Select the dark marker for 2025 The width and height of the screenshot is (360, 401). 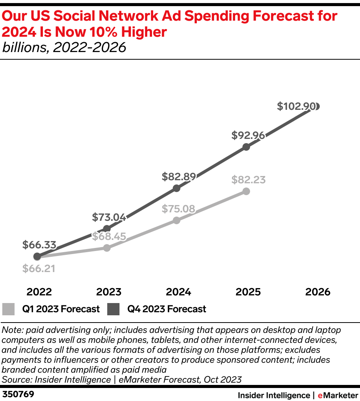pos(246,147)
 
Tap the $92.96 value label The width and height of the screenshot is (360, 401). pos(248,135)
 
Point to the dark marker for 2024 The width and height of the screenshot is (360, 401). pos(177,188)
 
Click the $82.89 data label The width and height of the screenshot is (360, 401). pos(178,176)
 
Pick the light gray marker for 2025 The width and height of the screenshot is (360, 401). pos(246,191)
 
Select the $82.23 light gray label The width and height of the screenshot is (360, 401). pos(248,180)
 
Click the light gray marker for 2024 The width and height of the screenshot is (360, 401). pos(177,220)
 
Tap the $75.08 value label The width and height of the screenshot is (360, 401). pos(178,209)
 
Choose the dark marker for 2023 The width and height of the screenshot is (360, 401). pos(107,229)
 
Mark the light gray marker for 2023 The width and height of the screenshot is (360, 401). pos(107,248)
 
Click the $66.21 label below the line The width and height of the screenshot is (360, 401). pos(39,269)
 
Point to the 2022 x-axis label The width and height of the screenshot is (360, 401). pos(39,292)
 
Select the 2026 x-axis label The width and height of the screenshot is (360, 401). pos(317,292)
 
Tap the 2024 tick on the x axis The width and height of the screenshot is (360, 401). pos(178,292)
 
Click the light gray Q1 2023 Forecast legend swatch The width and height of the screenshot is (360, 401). pos(8,309)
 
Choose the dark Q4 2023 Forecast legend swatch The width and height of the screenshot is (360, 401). pos(114,309)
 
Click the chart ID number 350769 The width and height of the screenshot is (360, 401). pos(18,394)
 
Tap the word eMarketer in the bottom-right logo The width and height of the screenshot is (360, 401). pos(338,395)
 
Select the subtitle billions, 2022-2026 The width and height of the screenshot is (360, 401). pos(64,47)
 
